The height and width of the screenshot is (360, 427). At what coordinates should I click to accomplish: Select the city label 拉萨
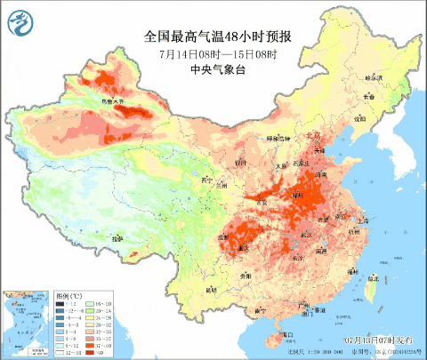pyautogui.click(x=117, y=238)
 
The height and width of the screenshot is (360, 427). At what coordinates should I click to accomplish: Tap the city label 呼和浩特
pyautogui.click(x=278, y=139)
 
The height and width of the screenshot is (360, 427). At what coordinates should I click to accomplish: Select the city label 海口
pyautogui.click(x=285, y=334)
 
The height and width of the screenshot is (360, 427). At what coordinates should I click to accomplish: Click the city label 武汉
pyautogui.click(x=310, y=233)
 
